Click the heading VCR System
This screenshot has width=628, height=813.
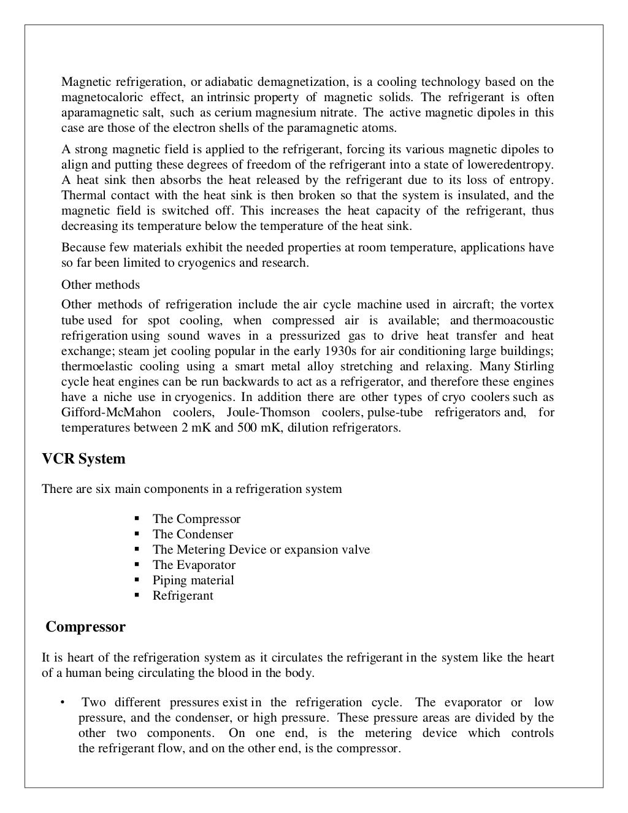click(83, 459)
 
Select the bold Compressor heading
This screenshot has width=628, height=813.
click(86, 627)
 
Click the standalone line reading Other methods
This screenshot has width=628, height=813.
click(101, 284)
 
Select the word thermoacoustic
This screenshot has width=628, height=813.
click(513, 320)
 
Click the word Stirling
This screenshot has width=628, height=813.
click(533, 366)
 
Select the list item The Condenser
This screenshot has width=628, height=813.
click(193, 534)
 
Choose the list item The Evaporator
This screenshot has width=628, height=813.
click(194, 565)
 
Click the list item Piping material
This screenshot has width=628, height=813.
click(193, 580)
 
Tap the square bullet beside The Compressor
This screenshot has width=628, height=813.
click(138, 519)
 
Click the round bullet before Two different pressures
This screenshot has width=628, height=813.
click(63, 703)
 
